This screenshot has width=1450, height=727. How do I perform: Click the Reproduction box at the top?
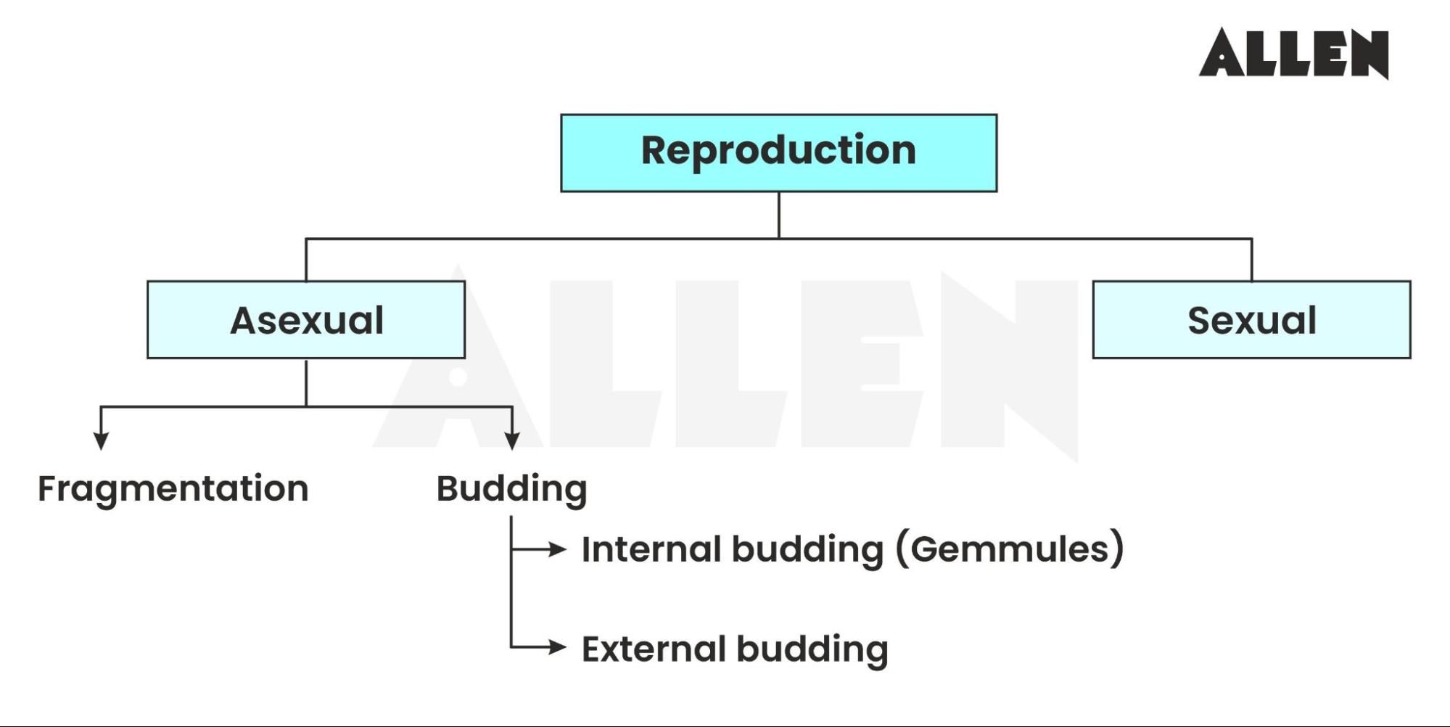pos(778,152)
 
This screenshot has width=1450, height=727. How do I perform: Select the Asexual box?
pos(306,320)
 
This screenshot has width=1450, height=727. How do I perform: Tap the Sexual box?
pos(1251,320)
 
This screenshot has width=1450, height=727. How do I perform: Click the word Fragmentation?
pos(173,488)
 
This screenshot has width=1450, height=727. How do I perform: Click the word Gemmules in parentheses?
pos(1010,549)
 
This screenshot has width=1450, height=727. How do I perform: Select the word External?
pos(653,649)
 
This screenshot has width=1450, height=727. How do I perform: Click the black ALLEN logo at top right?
pos(1294,53)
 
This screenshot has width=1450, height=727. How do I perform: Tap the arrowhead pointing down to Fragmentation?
pos(102,440)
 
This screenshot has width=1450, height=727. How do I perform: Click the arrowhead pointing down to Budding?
pos(512,440)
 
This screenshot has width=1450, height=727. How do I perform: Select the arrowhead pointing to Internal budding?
pos(557,549)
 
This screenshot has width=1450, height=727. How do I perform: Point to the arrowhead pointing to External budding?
pos(557,646)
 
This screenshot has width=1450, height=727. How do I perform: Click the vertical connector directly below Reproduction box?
pos(778,215)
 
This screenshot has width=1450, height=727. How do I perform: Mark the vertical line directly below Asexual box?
pos(306,382)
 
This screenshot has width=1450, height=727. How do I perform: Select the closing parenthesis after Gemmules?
pos(1118,549)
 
